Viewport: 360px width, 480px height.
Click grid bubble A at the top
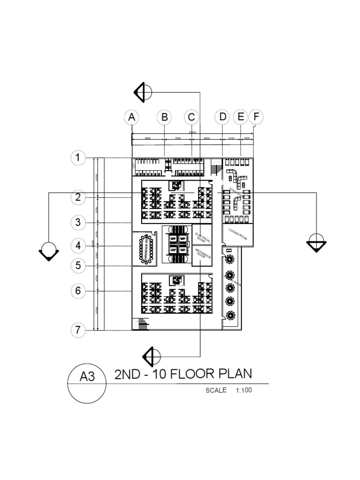(x=132, y=117)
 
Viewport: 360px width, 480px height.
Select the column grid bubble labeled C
(x=191, y=117)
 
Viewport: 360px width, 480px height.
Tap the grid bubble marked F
(x=255, y=117)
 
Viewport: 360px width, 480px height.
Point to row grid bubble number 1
(x=78, y=158)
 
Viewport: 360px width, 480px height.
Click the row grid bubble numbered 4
(x=78, y=245)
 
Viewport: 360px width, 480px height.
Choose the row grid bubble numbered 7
(x=78, y=330)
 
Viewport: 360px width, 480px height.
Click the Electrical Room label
(x=202, y=235)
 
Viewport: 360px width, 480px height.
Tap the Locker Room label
(x=238, y=233)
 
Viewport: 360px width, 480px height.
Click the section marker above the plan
(x=142, y=91)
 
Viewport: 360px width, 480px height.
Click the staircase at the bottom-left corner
(x=140, y=324)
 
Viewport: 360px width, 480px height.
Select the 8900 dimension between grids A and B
(x=147, y=139)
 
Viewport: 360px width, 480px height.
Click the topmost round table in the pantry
(x=230, y=259)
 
